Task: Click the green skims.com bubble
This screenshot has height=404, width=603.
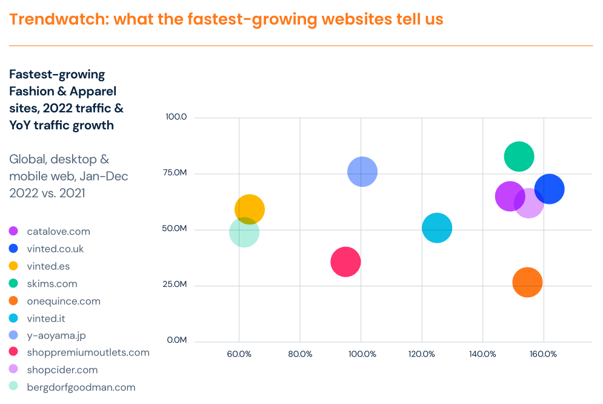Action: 519,157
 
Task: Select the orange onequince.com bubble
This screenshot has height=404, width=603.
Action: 527,282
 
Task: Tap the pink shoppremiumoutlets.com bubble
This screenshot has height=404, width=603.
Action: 345,262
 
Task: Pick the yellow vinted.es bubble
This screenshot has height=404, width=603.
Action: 250,209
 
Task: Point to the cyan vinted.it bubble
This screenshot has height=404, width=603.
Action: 437,228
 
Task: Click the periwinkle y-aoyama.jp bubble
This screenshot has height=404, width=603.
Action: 362,172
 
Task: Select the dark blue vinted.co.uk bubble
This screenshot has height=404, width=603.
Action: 550,189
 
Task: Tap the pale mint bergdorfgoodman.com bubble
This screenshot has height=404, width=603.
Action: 244,232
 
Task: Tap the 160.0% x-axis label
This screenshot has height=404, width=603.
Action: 544,354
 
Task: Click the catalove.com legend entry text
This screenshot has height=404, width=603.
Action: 58,231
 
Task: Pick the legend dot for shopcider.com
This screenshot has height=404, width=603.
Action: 13,369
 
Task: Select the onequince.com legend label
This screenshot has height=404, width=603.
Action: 63,301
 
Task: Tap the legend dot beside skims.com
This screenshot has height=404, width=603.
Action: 13,283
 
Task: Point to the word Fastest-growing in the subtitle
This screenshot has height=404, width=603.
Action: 57,75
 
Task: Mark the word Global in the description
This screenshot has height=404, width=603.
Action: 27,160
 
